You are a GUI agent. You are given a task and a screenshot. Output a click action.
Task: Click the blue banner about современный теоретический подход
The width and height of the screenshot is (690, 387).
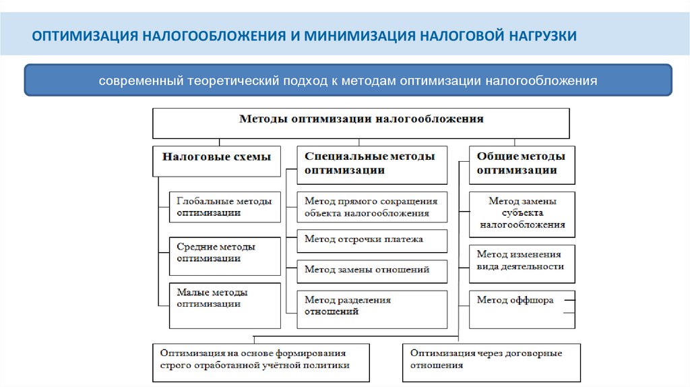[348, 81]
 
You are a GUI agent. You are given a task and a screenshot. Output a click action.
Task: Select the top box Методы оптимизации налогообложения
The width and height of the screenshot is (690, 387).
[361, 122]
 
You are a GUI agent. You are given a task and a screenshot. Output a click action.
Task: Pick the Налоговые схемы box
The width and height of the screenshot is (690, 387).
[216, 161]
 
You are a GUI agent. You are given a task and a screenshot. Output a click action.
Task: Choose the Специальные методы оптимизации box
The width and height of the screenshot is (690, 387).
[372, 165]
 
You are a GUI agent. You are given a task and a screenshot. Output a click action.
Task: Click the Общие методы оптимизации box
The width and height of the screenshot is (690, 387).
[522, 165]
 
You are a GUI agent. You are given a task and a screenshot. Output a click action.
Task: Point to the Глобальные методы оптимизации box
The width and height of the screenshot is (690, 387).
[224, 207]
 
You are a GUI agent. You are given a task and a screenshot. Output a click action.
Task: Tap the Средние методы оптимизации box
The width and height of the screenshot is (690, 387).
[224, 256]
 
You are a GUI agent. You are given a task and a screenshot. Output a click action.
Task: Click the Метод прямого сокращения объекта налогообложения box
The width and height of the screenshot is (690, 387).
[371, 207]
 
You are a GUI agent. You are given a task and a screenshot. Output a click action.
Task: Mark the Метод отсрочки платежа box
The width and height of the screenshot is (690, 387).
[371, 240]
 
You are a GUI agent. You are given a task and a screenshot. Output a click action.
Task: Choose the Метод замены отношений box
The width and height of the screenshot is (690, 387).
[371, 270]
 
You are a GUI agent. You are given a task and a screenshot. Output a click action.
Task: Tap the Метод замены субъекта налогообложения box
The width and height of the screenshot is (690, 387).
[522, 214]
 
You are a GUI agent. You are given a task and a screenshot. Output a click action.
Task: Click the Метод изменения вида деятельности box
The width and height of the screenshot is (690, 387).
[522, 261]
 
